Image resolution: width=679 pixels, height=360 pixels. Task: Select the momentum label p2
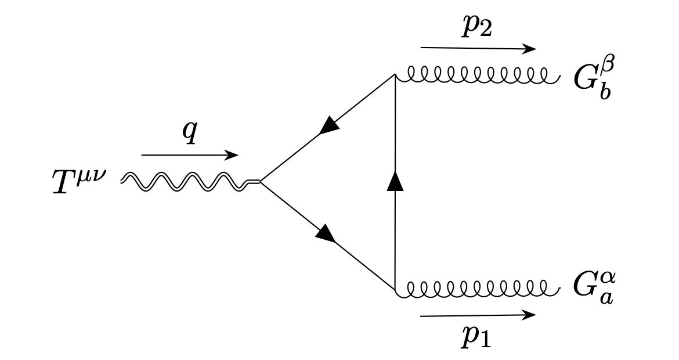coord(477,28)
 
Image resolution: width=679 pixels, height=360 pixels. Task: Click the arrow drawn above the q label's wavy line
coord(190,156)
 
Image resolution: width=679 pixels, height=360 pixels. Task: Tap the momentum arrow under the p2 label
coord(478,49)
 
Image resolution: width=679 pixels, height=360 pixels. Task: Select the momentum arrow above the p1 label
coord(478,315)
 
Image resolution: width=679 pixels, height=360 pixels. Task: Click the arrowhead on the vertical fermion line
coord(395,181)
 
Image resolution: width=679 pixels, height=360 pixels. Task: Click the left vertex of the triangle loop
coord(259,181)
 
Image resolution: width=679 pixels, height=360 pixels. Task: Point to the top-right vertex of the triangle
coord(395,75)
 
